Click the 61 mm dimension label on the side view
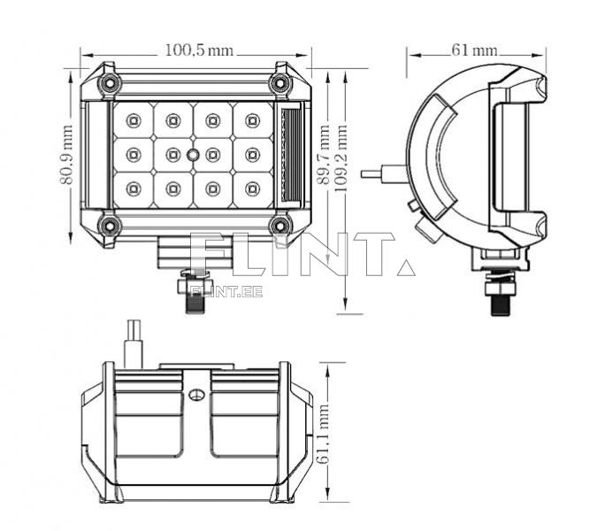point(474,50)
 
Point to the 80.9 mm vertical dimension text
point(66,155)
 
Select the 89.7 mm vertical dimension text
point(324,156)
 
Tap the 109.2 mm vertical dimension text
point(341,156)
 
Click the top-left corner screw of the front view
point(110,83)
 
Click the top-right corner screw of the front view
point(281,83)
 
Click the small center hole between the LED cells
point(193,154)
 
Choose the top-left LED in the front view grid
point(133,119)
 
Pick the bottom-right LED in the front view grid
point(253,188)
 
